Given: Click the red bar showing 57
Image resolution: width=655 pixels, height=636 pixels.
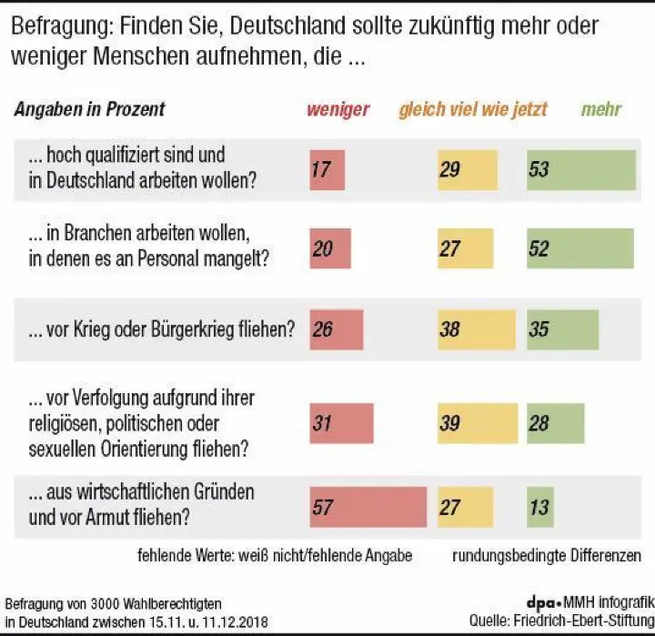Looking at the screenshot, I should [368, 508].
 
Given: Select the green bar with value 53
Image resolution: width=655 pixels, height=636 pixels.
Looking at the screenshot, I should [580, 169].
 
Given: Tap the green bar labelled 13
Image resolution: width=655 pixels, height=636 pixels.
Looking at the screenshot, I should [540, 508].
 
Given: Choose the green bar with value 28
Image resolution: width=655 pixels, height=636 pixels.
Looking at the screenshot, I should [555, 423].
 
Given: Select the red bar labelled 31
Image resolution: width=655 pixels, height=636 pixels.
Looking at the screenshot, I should [341, 423].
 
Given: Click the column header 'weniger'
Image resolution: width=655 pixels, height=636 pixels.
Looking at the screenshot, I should [338, 110].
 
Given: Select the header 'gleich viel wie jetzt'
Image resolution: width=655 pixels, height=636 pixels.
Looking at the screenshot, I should [472, 110].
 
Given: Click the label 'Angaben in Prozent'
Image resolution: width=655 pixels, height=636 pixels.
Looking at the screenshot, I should [89, 110].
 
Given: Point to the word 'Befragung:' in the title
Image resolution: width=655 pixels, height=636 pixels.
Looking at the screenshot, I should [56, 25].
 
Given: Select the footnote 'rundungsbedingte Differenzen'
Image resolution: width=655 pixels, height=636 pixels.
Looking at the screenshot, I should [546, 554].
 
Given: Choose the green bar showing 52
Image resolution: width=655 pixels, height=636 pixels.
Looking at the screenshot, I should [579, 249].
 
